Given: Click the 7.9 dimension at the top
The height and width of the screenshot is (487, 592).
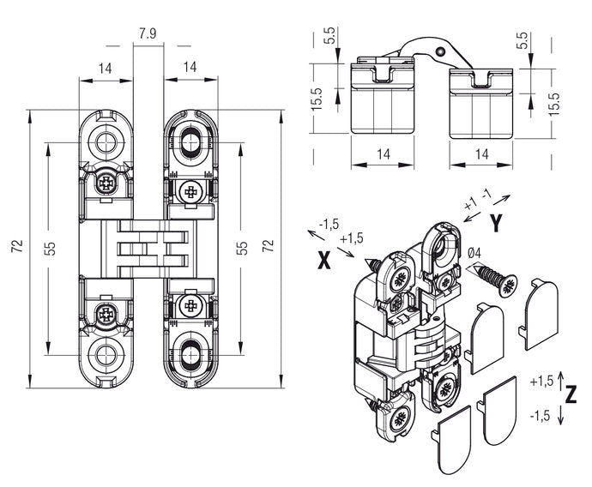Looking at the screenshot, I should pyautogui.click(x=147, y=35).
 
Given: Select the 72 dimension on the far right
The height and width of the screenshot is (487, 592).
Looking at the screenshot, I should pyautogui.click(x=268, y=248).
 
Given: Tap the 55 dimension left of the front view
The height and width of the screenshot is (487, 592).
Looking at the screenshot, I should pyautogui.click(x=51, y=248).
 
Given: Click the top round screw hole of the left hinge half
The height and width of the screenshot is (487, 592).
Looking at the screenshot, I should pyautogui.click(x=106, y=141).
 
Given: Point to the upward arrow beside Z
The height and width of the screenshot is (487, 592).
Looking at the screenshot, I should pyautogui.click(x=559, y=377).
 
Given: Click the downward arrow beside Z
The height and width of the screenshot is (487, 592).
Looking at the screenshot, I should pyautogui.click(x=559, y=415).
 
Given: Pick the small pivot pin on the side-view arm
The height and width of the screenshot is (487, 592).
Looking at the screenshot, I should pyautogui.click(x=442, y=52).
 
